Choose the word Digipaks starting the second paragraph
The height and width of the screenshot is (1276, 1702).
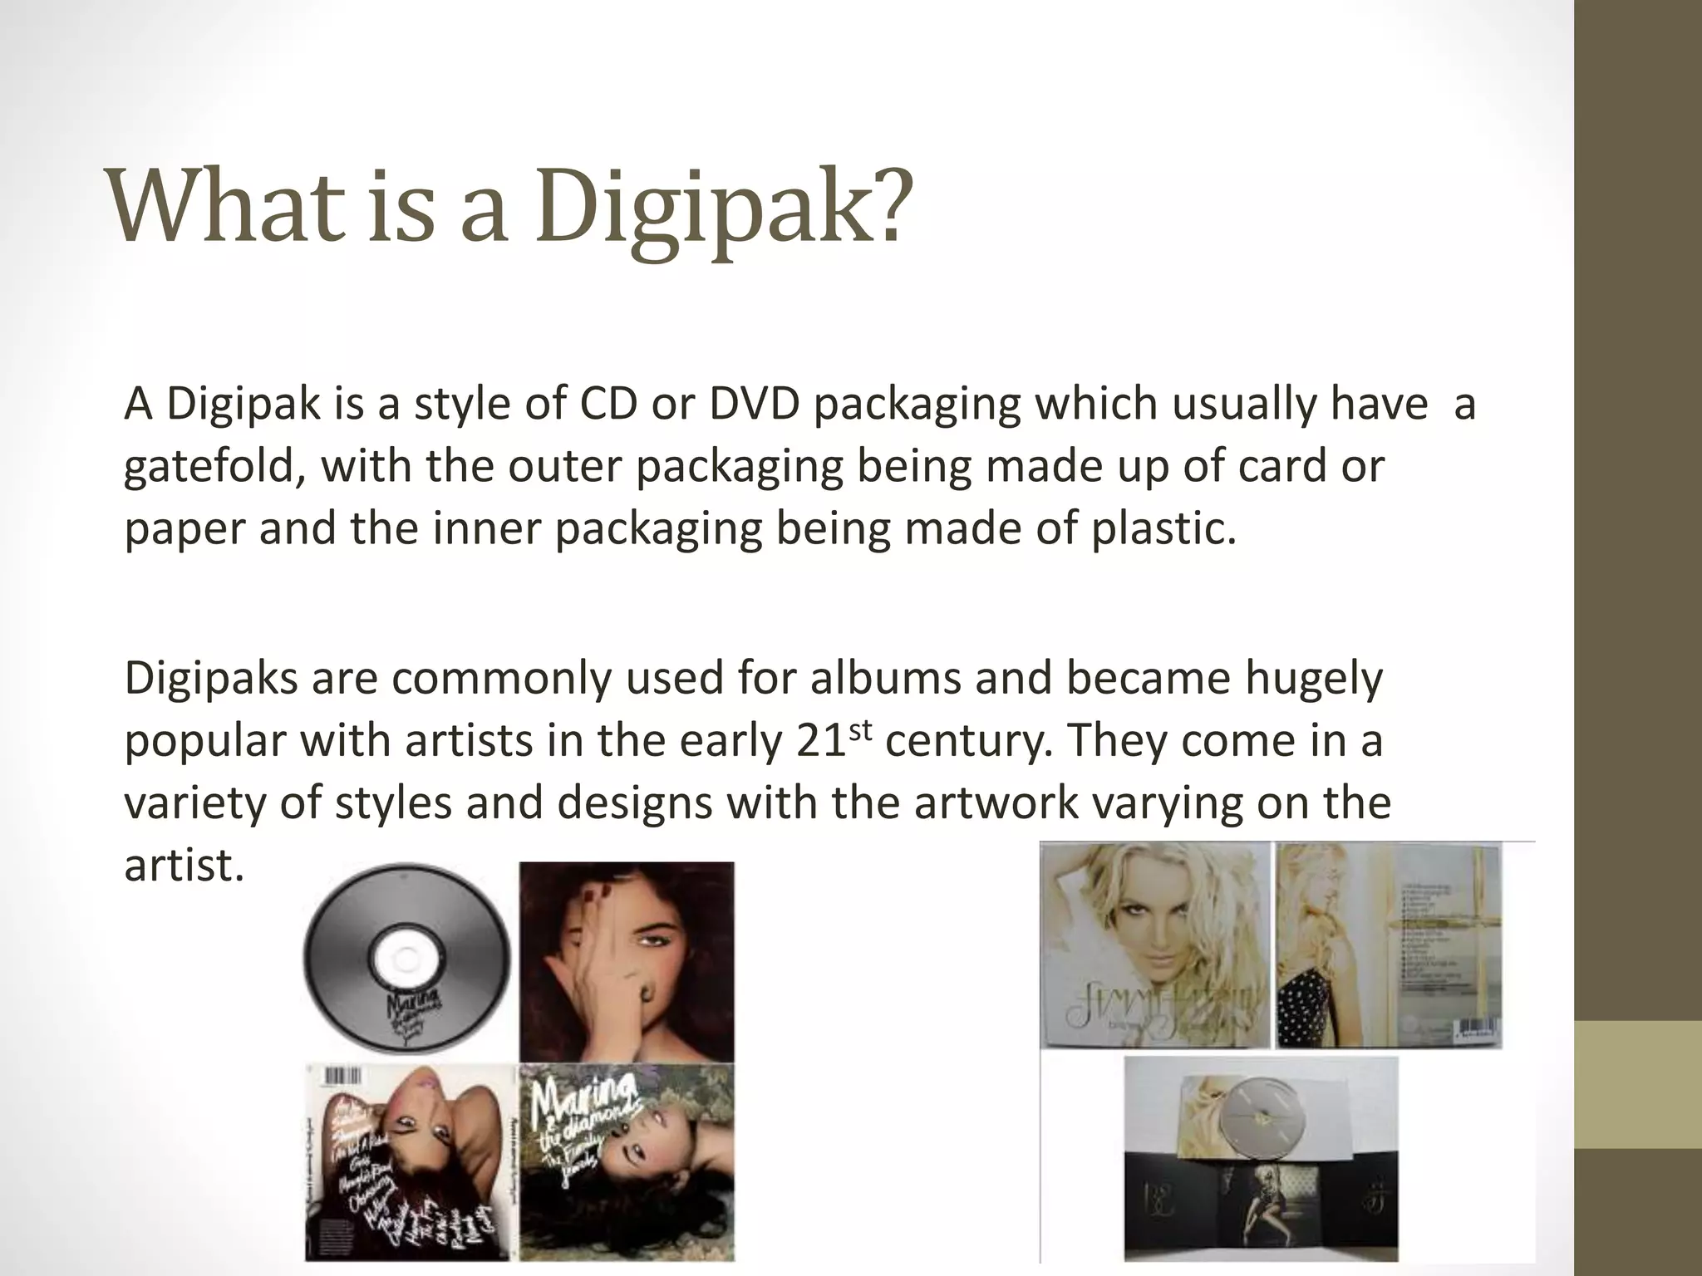pyautogui.click(x=211, y=679)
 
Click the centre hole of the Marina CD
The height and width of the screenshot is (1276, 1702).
pyautogui.click(x=405, y=958)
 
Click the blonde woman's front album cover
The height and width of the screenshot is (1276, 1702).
pyautogui.click(x=1155, y=945)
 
